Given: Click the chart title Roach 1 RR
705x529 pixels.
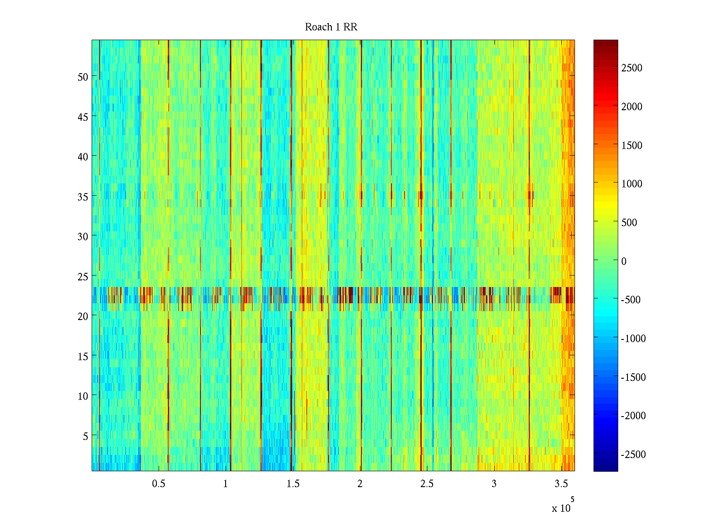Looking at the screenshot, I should coord(331,27).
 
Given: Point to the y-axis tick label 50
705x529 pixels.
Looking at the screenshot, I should coord(83,77).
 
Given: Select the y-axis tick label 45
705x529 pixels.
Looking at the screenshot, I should coord(83,117).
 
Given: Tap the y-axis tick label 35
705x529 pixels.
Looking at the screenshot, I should coord(83,197).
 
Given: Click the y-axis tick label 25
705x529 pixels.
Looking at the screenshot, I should coord(83,276).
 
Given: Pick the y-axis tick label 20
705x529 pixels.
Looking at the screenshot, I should coord(83,316).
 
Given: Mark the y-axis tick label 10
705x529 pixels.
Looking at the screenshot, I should coord(83,396).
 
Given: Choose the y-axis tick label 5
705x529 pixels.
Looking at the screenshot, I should coord(85,436).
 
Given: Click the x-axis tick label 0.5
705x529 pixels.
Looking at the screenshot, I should coord(159,484).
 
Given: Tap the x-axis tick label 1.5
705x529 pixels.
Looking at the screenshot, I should coord(293,484).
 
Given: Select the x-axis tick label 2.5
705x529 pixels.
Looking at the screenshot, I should coord(427,484).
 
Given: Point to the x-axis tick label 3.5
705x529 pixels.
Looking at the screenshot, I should coord(561,484).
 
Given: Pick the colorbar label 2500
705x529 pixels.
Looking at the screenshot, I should coord(632,68).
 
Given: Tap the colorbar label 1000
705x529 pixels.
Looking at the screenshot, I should coord(632,184).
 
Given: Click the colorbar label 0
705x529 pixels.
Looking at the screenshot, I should coord(624,261).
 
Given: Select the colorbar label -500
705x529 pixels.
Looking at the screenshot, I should coord(631,300).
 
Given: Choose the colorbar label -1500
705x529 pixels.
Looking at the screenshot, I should coord(633,377).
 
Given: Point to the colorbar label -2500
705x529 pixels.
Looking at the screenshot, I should coord(633,454).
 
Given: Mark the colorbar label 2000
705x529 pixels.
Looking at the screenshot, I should coord(632,107).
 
